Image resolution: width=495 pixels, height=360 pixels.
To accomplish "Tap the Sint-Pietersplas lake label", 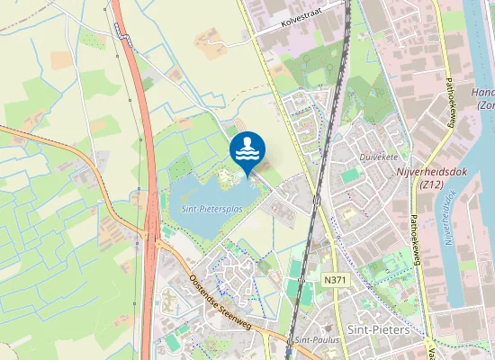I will point(212,209).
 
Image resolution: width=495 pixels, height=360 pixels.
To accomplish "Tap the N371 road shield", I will point(335,281).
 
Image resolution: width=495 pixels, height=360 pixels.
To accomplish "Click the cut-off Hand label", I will point(483,92).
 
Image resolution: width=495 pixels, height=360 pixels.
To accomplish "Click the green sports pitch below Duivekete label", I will point(349,175).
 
